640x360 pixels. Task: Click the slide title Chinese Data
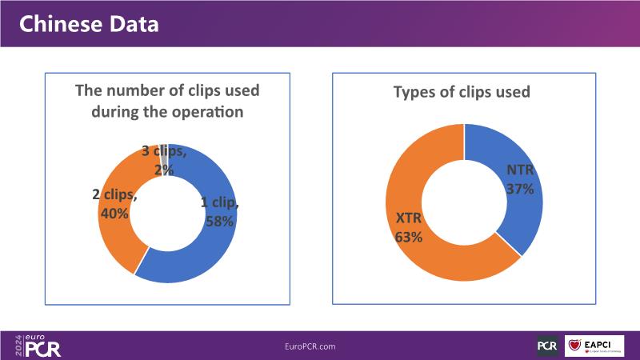point(88,24)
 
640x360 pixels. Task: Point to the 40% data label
point(116,214)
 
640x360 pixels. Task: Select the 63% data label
point(408,236)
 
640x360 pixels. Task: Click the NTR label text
point(519,170)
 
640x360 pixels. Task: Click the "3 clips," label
point(164,150)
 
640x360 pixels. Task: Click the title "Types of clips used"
point(462,92)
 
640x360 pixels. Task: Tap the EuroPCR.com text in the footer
point(310,346)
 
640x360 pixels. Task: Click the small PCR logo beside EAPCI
point(547,346)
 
